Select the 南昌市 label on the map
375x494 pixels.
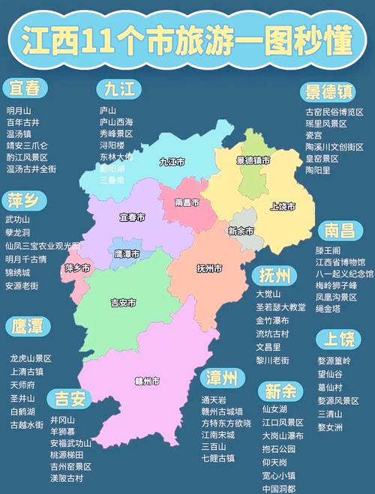[x=186, y=202]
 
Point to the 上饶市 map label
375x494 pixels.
[x=283, y=206]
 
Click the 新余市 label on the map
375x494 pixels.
[x=241, y=230]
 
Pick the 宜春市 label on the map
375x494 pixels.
[x=132, y=217]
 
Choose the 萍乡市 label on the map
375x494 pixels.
[x=77, y=268]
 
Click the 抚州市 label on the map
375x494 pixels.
[x=209, y=268]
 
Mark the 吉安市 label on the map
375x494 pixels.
[x=123, y=303]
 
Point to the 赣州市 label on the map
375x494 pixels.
[x=147, y=381]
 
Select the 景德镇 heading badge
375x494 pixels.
[x=328, y=92]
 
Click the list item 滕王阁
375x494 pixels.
[x=328, y=250]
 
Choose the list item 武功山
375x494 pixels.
[x=18, y=220]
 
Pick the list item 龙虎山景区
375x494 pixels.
[x=31, y=358]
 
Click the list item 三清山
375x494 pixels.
[x=329, y=414]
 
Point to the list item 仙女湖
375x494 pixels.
[x=274, y=409]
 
